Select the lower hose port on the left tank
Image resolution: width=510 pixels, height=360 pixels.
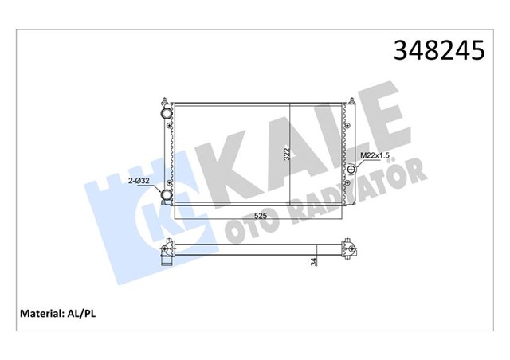pyautogui.click(x=167, y=195)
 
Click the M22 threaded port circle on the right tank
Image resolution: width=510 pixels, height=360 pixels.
pyautogui.click(x=351, y=169)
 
